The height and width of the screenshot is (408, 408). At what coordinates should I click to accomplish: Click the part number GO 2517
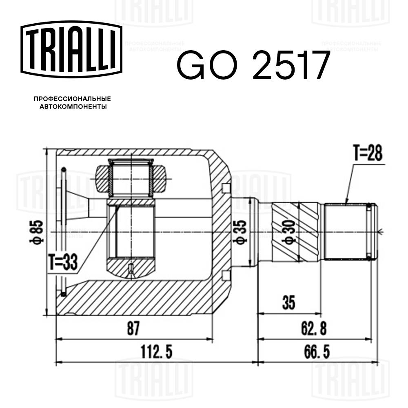coord(252,65)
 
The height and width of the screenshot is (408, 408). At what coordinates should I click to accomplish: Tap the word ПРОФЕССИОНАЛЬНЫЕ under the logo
coord(72,99)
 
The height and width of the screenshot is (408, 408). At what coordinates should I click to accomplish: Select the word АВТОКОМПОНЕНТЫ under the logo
coord(73,107)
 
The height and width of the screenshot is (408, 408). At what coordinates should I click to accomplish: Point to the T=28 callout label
coord(368,154)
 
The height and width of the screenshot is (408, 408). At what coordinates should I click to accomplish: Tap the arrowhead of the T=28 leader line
coord(346,203)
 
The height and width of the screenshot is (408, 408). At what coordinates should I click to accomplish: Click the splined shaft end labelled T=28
coord(347,232)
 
